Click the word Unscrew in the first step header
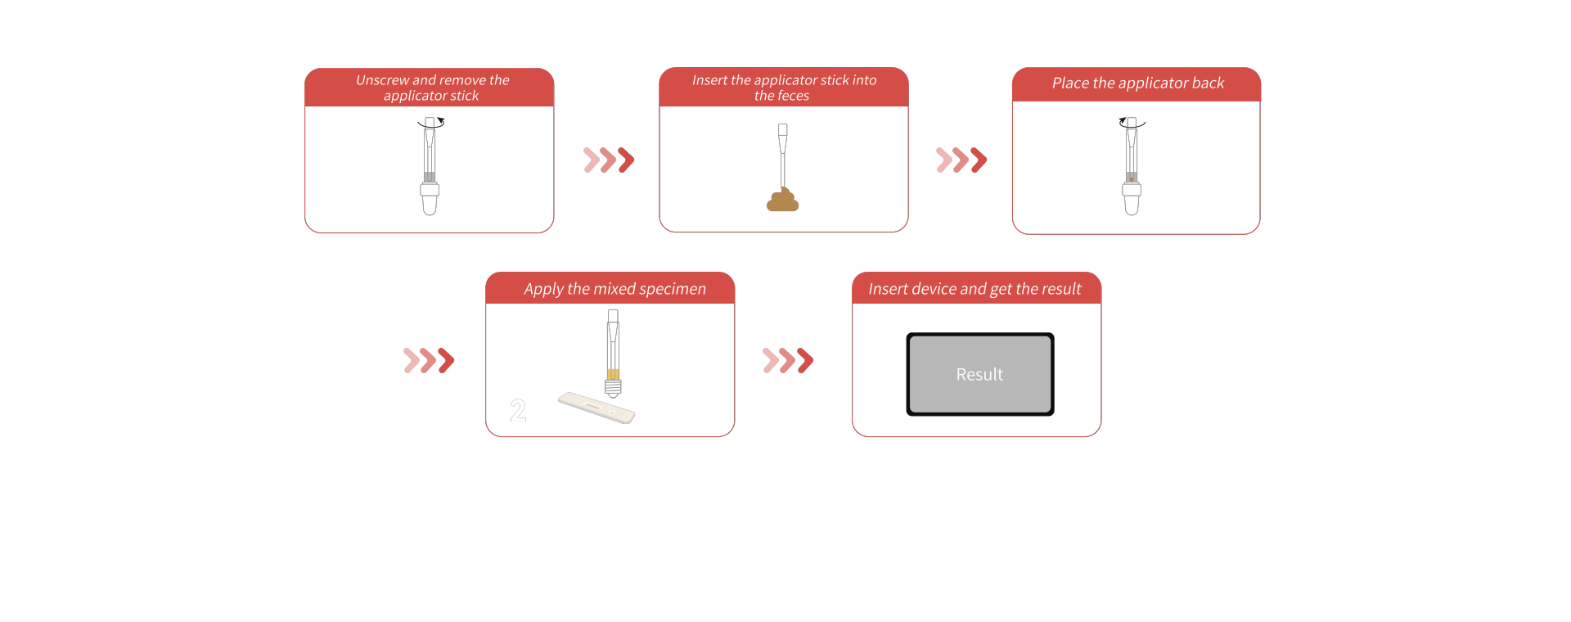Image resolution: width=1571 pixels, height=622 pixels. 382,80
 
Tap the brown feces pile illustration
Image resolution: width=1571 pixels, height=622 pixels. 782,201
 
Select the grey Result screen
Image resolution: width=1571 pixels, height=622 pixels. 979,374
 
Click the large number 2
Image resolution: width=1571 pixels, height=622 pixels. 518,411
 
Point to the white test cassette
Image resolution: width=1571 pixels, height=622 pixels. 596,408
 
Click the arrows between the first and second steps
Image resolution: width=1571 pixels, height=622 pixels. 608,160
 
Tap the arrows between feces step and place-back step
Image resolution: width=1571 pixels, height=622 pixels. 961,160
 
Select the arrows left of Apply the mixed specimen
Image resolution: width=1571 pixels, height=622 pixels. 429,360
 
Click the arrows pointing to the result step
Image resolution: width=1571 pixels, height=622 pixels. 787,360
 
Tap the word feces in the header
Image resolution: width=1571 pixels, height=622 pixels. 792,96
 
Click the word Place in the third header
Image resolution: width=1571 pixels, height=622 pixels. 1070,83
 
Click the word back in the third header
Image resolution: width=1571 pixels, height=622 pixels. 1208,83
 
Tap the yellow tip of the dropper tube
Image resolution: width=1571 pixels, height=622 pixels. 613,375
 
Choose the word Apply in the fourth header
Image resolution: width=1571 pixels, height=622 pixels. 543,289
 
